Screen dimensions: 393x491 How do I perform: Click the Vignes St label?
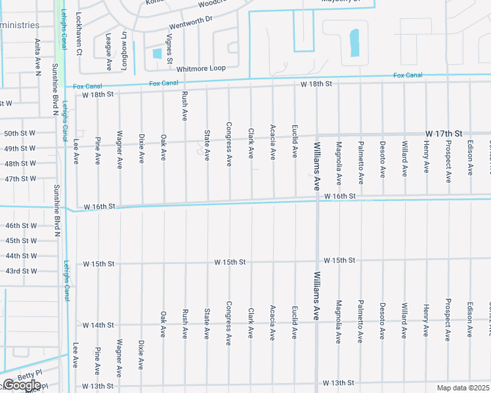[x=169, y=48]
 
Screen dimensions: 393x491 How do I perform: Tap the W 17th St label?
[x=439, y=133]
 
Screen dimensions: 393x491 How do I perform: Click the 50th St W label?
[x=20, y=134]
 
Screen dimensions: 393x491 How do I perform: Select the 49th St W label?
[x=20, y=149]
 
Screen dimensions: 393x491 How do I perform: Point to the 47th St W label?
[x=20, y=179]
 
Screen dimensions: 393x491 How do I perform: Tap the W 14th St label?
[x=98, y=325]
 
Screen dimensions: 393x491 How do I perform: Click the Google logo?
[x=22, y=386]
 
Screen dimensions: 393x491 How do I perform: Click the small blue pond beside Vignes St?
[x=157, y=53]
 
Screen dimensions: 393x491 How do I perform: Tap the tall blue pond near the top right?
[x=355, y=43]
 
